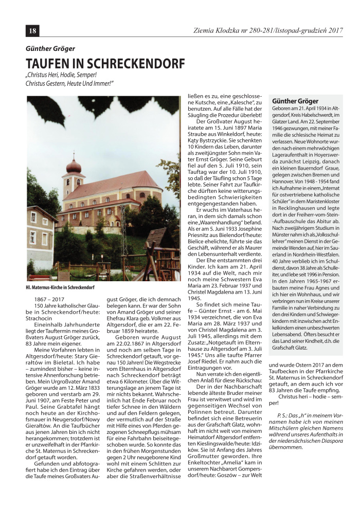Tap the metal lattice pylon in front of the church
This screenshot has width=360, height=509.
point(124,242)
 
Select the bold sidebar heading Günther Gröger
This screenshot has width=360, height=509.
point(295,101)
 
